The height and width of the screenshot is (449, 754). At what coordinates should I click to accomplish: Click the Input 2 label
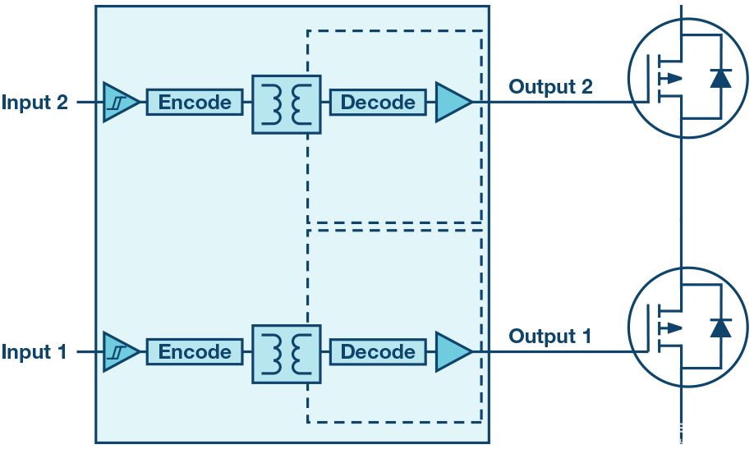coord(34,103)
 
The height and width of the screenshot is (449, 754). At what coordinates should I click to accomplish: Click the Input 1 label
coord(34,352)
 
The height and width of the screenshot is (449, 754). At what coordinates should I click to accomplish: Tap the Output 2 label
coord(550,86)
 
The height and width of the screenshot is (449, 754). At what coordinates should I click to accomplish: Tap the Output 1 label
coord(550,336)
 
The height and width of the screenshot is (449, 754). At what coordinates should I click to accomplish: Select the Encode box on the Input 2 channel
coord(195,102)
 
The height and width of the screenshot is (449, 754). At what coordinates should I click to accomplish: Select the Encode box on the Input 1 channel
coord(195,351)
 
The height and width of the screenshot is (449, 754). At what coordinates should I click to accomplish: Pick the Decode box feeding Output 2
coord(378,102)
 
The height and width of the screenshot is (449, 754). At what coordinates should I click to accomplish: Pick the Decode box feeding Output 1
coord(378,351)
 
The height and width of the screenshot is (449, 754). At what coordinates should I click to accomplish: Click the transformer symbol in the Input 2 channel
coord(287,104)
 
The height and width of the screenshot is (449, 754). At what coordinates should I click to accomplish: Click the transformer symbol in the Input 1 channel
coord(287,354)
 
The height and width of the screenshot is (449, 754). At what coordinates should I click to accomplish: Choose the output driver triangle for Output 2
coord(452,102)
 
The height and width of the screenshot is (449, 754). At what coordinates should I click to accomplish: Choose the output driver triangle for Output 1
coord(452,351)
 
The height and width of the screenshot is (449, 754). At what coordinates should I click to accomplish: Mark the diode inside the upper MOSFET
coord(721,78)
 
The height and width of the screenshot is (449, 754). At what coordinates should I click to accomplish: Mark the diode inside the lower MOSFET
coord(721,328)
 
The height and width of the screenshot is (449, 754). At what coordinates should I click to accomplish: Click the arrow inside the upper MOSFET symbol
coord(671,78)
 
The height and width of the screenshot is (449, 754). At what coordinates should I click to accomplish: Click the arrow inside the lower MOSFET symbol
coord(671,328)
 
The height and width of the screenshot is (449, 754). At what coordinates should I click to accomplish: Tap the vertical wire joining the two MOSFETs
coord(682,202)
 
